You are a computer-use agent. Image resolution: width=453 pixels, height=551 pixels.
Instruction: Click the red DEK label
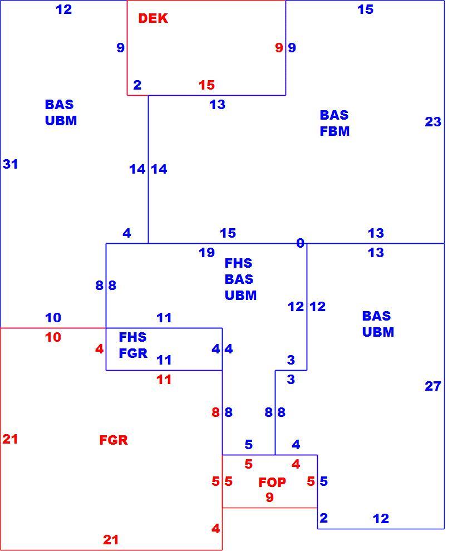click(x=153, y=18)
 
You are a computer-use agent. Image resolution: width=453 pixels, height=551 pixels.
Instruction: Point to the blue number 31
click(x=10, y=164)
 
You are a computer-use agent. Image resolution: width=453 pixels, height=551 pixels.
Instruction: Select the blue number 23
click(x=432, y=122)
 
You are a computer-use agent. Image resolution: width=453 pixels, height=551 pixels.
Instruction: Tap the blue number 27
click(x=432, y=386)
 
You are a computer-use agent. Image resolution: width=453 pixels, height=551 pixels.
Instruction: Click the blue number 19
click(x=206, y=252)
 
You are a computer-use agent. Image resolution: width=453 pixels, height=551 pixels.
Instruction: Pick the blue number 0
click(x=300, y=243)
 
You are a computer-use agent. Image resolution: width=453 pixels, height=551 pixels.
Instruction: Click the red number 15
click(x=206, y=85)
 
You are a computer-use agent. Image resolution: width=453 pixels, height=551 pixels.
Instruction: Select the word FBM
click(x=334, y=131)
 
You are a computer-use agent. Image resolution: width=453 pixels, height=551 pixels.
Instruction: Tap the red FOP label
click(x=272, y=482)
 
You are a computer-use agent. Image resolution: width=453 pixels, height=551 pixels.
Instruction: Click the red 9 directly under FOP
click(x=269, y=497)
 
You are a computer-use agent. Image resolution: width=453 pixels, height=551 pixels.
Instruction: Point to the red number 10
click(x=53, y=337)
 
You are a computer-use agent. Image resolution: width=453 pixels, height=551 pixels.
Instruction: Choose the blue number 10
click(x=53, y=318)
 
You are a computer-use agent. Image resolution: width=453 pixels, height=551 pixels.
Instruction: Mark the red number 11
click(x=164, y=380)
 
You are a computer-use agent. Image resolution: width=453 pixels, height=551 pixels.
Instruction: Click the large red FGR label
click(x=114, y=440)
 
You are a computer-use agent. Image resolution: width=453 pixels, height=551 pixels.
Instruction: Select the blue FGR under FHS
click(x=133, y=353)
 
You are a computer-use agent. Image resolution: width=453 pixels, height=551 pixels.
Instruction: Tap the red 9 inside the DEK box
click(x=279, y=47)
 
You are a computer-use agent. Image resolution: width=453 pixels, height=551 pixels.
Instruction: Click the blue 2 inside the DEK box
click(x=137, y=85)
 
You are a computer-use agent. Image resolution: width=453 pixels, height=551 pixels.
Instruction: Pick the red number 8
click(x=216, y=412)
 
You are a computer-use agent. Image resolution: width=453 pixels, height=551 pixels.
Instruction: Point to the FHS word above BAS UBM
click(x=238, y=263)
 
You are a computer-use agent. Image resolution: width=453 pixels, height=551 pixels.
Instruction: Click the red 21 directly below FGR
click(x=111, y=540)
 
